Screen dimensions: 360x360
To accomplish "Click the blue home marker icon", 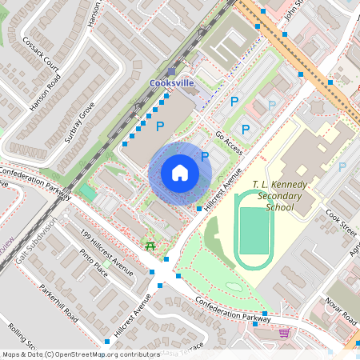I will [x=180, y=173].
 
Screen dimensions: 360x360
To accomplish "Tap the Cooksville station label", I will [x=172, y=83].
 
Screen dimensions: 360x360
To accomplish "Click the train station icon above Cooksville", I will [x=171, y=72].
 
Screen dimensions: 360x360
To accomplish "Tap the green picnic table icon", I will [x=150, y=246].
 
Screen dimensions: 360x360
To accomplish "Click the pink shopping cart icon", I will [x=284, y=332].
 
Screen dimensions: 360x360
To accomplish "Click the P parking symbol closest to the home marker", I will [x=205, y=157].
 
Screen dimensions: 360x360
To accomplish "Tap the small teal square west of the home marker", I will [x=86, y=193].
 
